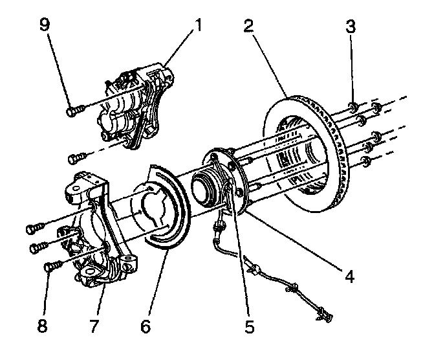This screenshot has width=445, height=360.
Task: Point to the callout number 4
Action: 349,276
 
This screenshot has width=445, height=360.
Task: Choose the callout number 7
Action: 94,326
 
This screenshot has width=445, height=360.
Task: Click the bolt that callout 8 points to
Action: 52,265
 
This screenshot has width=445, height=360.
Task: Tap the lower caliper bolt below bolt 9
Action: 77,156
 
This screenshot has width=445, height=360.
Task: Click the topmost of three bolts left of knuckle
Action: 35,228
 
